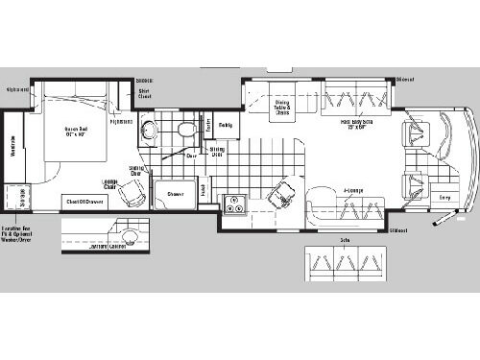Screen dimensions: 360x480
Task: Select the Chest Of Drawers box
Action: click(84, 201)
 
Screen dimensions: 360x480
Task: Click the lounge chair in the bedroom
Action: click(136, 193)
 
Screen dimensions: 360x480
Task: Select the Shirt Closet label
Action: click(145, 94)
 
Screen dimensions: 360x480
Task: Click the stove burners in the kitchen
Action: click(234, 203)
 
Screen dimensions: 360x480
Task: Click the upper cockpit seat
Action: click(419, 136)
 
